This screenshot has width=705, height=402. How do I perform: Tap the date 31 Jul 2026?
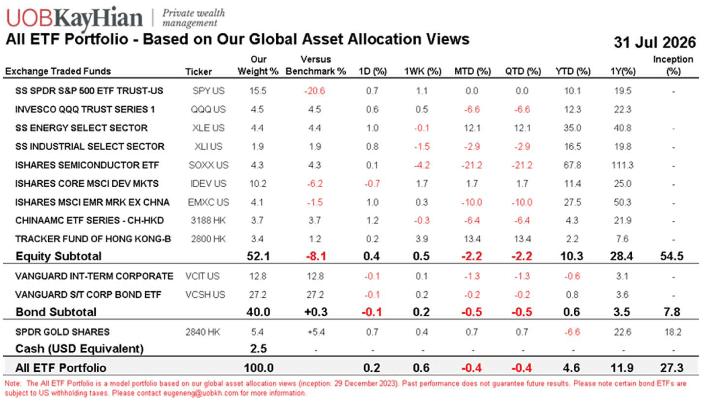[655, 42]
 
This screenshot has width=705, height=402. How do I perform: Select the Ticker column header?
[199, 71]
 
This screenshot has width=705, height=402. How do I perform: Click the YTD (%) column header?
[573, 71]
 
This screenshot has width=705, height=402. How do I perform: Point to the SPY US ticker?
[208, 91]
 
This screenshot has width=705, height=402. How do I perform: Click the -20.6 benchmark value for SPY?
[315, 91]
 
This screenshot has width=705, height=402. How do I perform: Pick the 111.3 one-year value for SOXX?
[622, 165]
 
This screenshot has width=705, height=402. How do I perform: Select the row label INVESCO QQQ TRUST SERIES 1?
[85, 109]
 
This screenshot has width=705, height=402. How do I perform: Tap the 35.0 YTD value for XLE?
[572, 128]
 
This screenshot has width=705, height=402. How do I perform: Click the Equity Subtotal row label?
[58, 256]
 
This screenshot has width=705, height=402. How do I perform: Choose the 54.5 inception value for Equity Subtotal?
[672, 256]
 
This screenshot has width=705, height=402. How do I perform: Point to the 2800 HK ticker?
[208, 239]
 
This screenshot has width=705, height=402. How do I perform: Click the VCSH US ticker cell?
[205, 295]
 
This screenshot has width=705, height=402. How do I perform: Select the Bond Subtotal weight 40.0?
[258, 312]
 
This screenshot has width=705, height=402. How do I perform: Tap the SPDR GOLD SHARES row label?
[63, 332]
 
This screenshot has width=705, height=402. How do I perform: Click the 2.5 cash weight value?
[259, 349]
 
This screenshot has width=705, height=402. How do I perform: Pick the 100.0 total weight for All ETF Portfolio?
[259, 368]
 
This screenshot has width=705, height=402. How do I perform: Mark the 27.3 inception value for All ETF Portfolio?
[672, 368]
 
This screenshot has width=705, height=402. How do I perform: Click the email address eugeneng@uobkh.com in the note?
[200, 393]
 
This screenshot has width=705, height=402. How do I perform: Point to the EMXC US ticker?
[208, 202]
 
